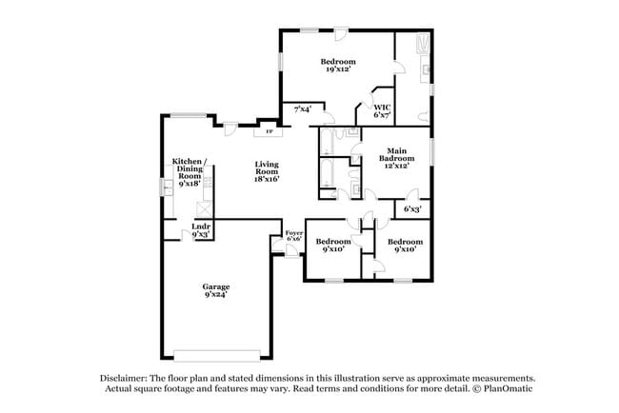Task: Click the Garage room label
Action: pyautogui.click(x=216, y=286)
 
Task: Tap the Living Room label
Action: pyautogui.click(x=267, y=167)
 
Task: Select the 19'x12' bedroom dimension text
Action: pyautogui.click(x=339, y=69)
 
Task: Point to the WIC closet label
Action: pyautogui.click(x=382, y=108)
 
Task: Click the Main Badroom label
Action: pyautogui.click(x=397, y=154)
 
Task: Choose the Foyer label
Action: pyautogui.click(x=294, y=233)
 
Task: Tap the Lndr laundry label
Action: pyautogui.click(x=201, y=226)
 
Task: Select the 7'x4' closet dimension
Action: pyautogui.click(x=303, y=108)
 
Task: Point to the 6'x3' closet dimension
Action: pyautogui.click(x=412, y=209)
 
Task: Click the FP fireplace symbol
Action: pyautogui.click(x=269, y=131)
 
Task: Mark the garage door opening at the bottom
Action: pyautogui.click(x=217, y=356)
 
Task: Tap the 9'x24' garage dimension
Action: pyautogui.click(x=216, y=294)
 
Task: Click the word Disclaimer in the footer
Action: pyautogui.click(x=124, y=379)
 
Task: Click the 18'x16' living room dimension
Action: pyautogui.click(x=267, y=179)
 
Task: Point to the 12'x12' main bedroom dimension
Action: pyautogui.click(x=397, y=166)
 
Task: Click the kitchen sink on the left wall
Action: pyautogui.click(x=167, y=187)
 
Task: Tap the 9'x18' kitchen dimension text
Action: pyautogui.click(x=190, y=184)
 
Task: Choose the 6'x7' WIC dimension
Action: pyautogui.click(x=382, y=115)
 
